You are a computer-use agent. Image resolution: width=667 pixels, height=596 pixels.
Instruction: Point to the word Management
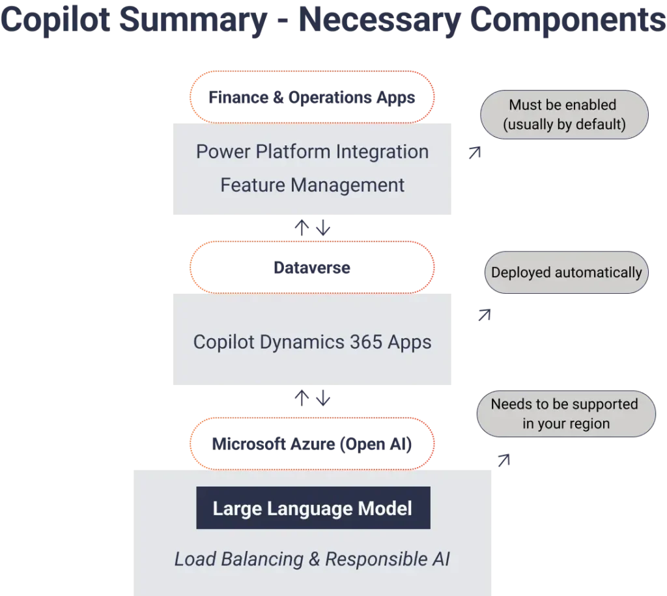point(348,185)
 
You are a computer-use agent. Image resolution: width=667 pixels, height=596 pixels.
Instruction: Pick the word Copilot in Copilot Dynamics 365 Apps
point(223,342)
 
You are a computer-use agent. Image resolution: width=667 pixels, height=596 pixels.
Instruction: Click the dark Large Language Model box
point(313,508)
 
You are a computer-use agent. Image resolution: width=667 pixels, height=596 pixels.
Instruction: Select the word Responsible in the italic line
point(373,559)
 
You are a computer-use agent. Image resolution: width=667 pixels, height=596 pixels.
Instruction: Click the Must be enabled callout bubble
point(563,115)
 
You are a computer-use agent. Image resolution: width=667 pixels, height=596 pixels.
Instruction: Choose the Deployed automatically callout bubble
point(566,272)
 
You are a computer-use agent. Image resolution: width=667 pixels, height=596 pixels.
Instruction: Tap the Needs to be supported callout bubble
point(565,414)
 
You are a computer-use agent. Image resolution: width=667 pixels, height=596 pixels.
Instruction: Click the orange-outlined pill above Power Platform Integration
point(311,97)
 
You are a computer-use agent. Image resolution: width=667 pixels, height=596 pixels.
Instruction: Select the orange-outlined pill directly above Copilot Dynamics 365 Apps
point(311,268)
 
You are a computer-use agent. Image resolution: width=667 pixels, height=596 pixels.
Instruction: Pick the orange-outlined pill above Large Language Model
point(311,444)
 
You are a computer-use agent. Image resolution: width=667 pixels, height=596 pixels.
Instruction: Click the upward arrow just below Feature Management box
point(302,229)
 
